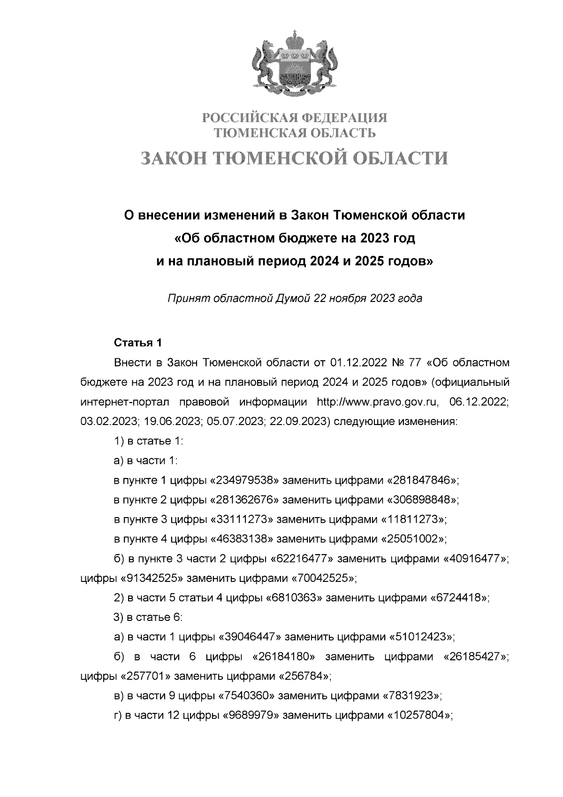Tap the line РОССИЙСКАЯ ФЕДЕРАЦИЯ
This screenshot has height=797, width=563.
click(x=295, y=116)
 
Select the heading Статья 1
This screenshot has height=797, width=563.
click(x=138, y=343)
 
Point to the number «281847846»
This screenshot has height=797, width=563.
click(x=421, y=480)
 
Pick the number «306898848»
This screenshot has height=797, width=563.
click(x=421, y=500)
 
